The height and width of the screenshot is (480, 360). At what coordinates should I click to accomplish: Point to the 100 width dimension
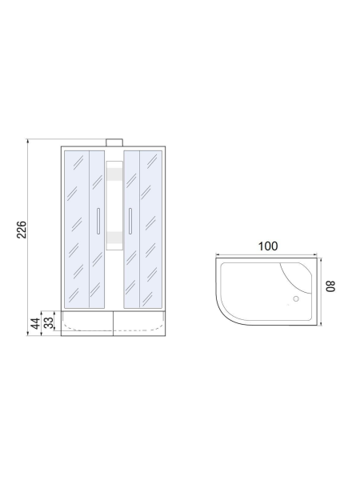tap(268, 246)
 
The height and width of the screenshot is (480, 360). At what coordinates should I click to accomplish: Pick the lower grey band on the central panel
tap(114, 236)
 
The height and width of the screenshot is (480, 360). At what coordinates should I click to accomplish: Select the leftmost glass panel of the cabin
tap(76, 228)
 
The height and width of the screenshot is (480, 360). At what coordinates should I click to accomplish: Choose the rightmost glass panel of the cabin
tap(150, 228)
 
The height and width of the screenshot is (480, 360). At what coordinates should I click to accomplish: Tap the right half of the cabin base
tap(140, 323)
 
